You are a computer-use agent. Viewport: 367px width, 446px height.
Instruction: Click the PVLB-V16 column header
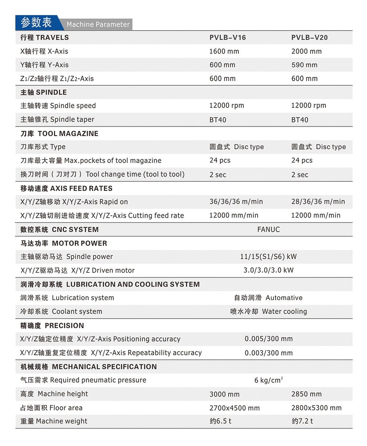coord(228,37)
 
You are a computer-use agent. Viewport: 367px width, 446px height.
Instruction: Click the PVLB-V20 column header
coord(309,37)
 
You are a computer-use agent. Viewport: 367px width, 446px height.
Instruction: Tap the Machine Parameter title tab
coord(98,25)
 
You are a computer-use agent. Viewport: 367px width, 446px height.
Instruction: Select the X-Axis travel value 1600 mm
coord(224,51)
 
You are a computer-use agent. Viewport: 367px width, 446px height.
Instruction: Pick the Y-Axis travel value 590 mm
coord(304,65)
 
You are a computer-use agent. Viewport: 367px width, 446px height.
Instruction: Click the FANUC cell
coord(268,229)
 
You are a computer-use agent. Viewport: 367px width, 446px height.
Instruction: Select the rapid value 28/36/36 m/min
coord(318,202)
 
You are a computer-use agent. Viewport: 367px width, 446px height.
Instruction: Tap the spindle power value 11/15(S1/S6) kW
coord(268,257)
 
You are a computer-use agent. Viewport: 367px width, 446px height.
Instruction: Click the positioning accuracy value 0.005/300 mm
coord(269,339)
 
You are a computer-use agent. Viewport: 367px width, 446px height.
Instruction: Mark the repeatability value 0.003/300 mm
coord(269,353)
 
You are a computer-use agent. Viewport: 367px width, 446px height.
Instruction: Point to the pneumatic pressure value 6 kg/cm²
coord(269,380)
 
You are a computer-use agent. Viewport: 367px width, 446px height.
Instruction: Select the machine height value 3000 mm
coord(224,394)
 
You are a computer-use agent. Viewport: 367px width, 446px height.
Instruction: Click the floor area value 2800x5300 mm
coord(316,408)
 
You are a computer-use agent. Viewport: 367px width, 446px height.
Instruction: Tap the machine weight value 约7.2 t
coord(302,421)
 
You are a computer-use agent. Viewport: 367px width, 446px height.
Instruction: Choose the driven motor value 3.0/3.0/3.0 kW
coord(269,270)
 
